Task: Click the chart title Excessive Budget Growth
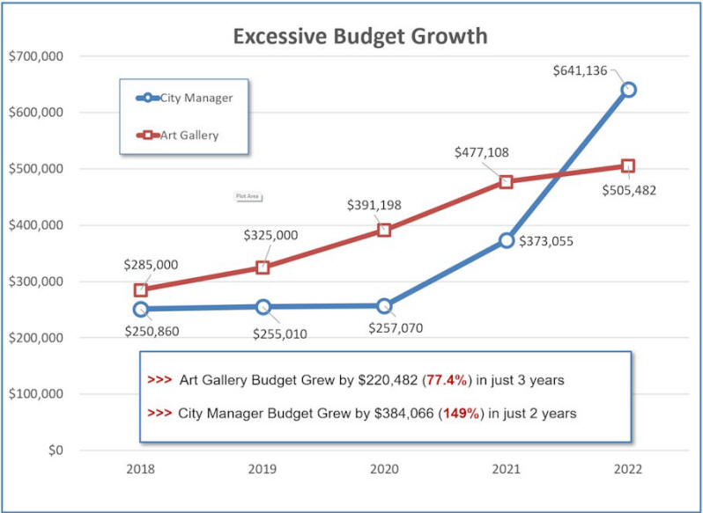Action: point(359,36)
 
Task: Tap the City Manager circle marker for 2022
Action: point(628,89)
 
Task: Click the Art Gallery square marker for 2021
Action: point(506,182)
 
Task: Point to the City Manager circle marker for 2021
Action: point(506,240)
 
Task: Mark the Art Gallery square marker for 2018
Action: point(141,289)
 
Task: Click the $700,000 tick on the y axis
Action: point(34,56)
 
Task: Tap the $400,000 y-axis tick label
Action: point(34,225)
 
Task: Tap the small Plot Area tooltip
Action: point(248,196)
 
